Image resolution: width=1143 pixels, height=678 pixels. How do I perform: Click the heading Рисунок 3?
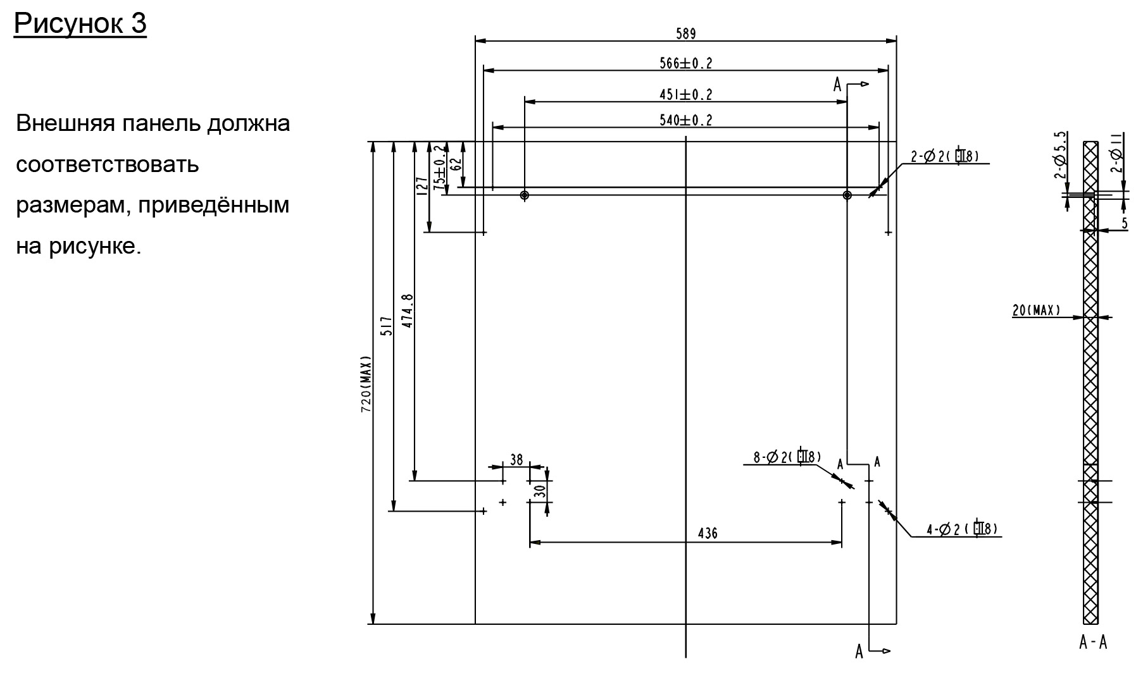80,23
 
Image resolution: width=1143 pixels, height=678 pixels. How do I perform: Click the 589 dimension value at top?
685,34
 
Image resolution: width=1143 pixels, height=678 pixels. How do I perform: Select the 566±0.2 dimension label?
685,63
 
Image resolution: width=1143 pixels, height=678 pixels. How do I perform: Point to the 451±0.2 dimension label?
685,95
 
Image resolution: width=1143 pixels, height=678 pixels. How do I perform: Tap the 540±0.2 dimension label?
685,120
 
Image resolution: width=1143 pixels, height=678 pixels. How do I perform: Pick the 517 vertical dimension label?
387,326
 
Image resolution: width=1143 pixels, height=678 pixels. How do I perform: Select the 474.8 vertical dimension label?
408,311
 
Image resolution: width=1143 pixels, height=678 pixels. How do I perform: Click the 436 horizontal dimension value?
708,534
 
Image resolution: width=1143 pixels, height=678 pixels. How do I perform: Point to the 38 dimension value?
516,460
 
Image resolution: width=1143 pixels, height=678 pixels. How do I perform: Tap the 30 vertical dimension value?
539,491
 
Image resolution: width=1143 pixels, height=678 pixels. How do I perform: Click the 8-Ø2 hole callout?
787,457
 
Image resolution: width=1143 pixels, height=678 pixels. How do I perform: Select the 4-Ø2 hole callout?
962,529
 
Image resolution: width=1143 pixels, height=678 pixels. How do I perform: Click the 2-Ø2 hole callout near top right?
945,156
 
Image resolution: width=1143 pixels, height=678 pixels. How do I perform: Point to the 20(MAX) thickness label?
1035,311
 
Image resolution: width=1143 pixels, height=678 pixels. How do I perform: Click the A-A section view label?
1093,643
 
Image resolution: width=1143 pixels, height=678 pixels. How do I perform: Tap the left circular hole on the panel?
524,195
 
